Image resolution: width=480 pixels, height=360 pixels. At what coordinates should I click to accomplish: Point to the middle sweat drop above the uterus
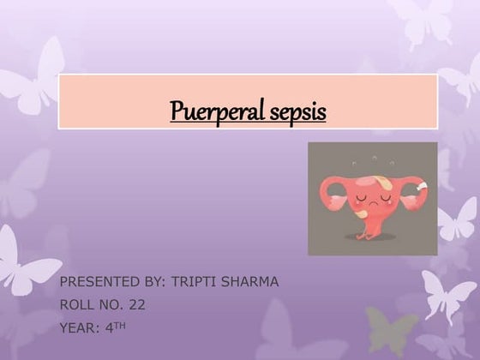tap(373, 157)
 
